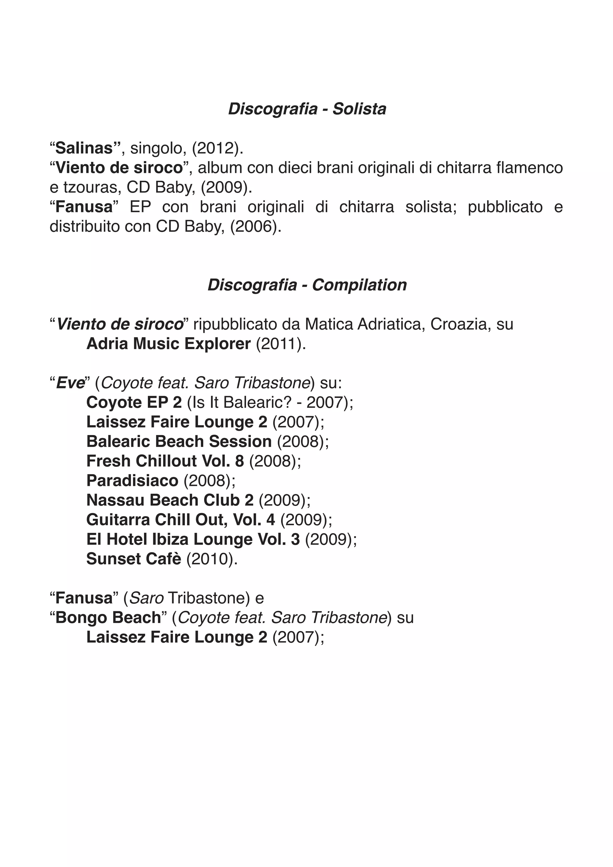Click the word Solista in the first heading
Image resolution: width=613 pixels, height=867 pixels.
coord(359,109)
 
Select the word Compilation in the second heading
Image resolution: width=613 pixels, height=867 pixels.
coord(359,285)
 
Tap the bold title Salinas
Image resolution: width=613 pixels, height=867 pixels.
coord(84,148)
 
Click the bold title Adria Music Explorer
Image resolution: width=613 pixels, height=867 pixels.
coord(169,344)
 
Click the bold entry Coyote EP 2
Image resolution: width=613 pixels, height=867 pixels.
coord(134,403)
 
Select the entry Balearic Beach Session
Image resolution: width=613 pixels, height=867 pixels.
coord(179,442)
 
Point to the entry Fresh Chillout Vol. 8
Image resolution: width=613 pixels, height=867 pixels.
coord(165,461)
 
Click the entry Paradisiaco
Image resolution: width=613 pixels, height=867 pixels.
coord(132,481)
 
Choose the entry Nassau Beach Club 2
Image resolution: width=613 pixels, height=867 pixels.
coord(170,500)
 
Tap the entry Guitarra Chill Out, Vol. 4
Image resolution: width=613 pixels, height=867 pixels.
coord(180,520)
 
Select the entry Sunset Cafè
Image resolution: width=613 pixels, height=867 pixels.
coord(134,559)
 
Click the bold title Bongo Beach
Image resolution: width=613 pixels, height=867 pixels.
coord(108,618)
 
